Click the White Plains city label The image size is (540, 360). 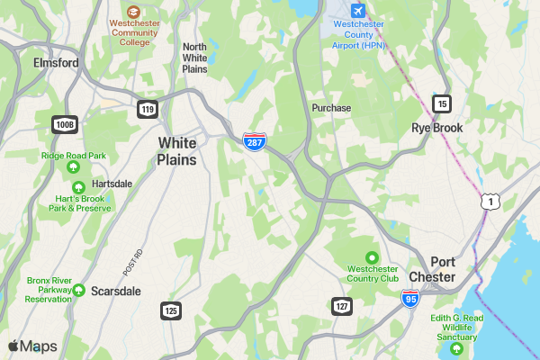[177, 151]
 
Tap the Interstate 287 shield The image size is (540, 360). [255, 141]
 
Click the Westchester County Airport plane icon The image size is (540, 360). [358, 10]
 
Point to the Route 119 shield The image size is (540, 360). [147, 109]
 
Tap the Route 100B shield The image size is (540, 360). [64, 123]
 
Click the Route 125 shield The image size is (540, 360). [171, 310]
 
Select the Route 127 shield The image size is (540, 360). [341, 306]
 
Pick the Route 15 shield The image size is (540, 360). [441, 103]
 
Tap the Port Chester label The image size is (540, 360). [431, 269]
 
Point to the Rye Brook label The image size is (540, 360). [437, 128]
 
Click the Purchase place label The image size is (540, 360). [331, 107]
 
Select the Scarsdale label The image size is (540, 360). [116, 292]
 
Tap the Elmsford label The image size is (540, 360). [56, 63]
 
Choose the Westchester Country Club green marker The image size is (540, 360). [373, 256]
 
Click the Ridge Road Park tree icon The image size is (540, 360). [74, 167]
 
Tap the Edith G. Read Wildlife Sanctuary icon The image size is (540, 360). [457, 348]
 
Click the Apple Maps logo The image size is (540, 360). [32, 346]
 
